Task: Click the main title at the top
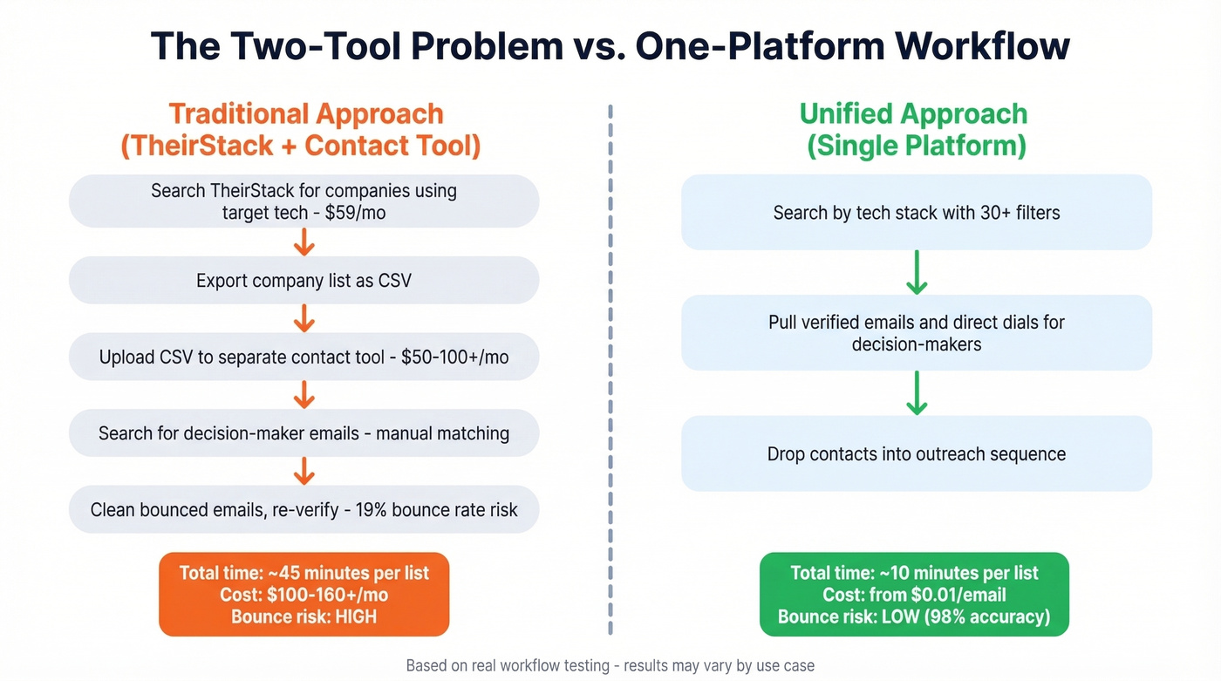(x=610, y=46)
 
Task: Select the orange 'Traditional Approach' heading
(x=305, y=114)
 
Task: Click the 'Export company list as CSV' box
(x=304, y=281)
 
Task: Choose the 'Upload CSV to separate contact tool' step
(x=304, y=358)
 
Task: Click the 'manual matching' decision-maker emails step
(x=304, y=433)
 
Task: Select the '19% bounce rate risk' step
(x=304, y=509)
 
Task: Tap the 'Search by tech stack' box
(x=916, y=212)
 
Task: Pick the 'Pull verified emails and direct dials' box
(x=916, y=332)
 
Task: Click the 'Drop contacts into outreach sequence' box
(x=916, y=453)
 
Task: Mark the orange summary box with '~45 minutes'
(x=304, y=595)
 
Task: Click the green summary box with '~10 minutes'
(x=914, y=595)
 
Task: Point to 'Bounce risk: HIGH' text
(x=304, y=617)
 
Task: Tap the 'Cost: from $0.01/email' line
(x=914, y=595)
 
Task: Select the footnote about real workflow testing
(x=610, y=665)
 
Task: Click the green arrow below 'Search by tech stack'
(x=916, y=273)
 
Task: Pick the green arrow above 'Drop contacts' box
(x=916, y=393)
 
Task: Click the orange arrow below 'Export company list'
(x=304, y=319)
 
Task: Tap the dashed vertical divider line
(x=610, y=366)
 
